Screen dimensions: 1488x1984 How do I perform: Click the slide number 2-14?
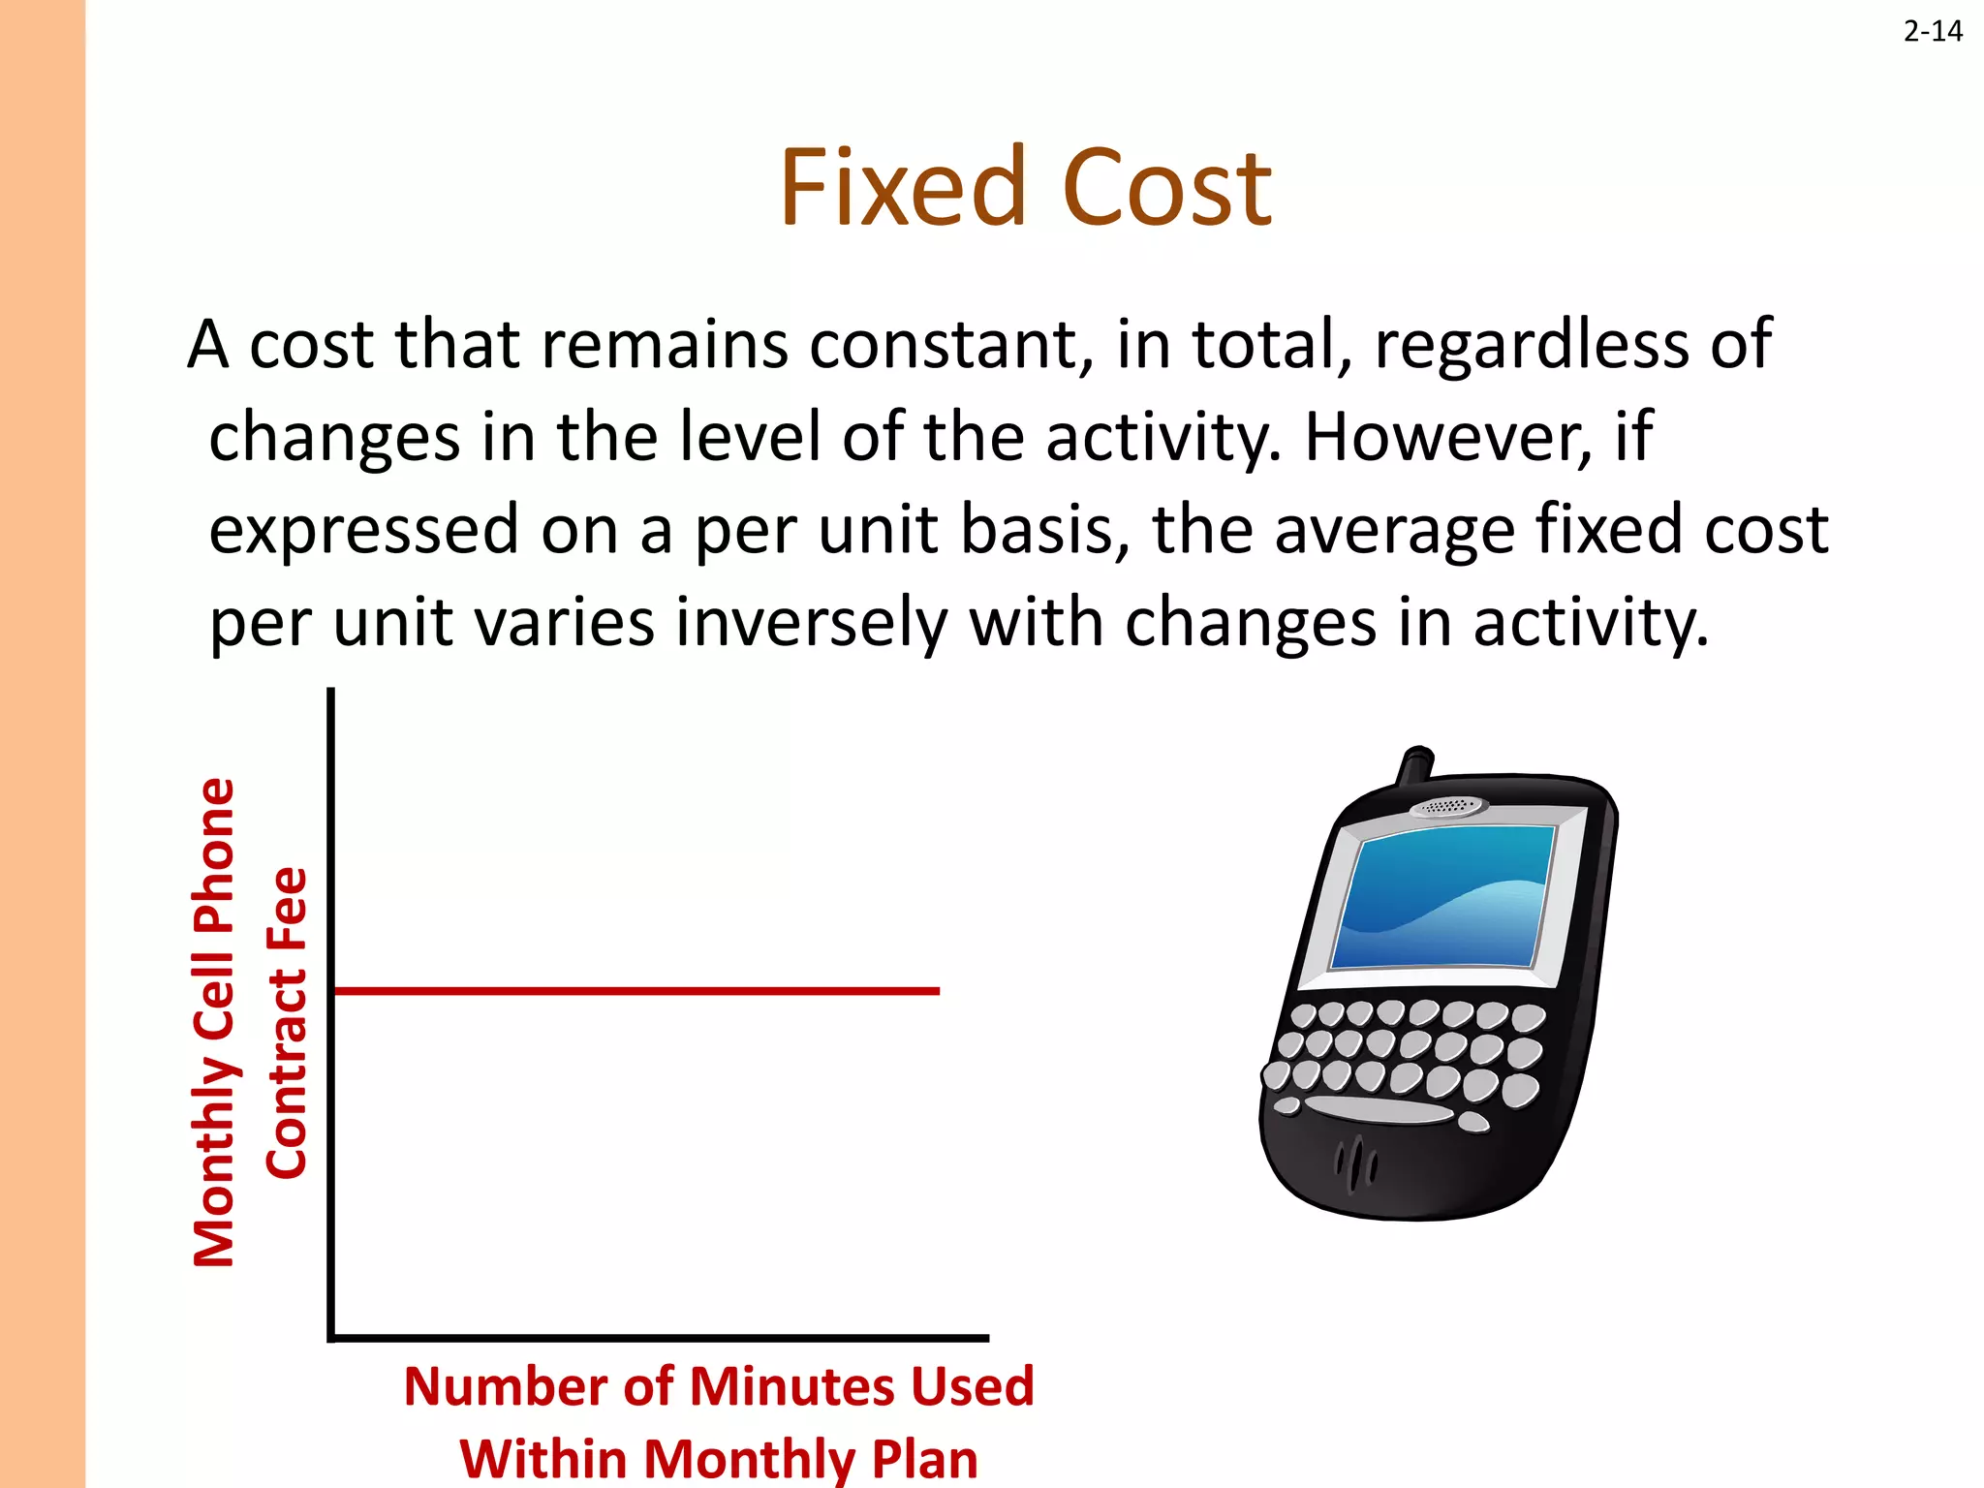[x=1932, y=32]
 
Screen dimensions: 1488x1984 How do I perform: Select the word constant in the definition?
[x=944, y=345]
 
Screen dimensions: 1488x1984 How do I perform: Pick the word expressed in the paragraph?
[x=364, y=530]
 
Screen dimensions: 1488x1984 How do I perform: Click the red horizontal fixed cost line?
[x=635, y=991]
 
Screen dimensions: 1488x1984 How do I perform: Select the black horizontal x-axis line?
[x=659, y=1338]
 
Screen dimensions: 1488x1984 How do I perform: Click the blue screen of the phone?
[x=1443, y=896]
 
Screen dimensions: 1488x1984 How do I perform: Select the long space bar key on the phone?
[x=1379, y=1107]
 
